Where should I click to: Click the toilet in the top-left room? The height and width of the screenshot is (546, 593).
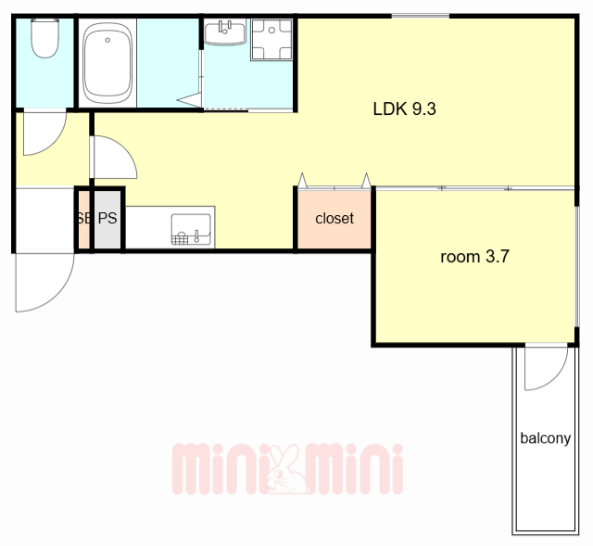tap(45, 38)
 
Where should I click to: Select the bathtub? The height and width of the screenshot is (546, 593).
tap(107, 63)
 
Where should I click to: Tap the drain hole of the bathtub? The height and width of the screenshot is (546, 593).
tap(107, 40)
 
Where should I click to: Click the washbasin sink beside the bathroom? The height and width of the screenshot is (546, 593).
tap(225, 32)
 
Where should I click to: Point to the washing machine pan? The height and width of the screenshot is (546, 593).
tap(271, 39)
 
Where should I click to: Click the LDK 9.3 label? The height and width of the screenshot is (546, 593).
tap(404, 109)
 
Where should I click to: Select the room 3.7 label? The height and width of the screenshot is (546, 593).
tap(474, 257)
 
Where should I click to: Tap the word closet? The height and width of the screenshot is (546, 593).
tap(334, 219)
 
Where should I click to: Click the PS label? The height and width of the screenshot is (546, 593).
tap(107, 218)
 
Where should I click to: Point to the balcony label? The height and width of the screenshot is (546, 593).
tap(546, 438)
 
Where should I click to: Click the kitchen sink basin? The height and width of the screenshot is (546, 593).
tap(191, 229)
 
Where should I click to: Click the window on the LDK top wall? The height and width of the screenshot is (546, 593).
tap(420, 16)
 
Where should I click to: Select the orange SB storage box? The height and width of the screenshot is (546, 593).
tap(84, 219)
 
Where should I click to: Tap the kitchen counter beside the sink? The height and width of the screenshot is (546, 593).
tap(148, 227)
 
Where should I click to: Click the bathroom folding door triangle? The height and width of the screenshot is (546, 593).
tap(191, 100)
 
